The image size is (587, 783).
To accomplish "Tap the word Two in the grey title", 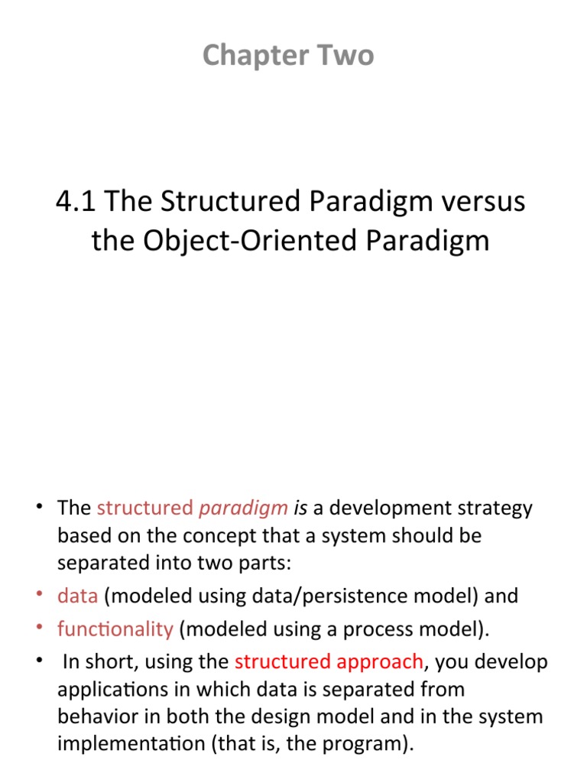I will click(x=348, y=55).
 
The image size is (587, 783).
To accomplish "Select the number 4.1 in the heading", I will click(x=76, y=202).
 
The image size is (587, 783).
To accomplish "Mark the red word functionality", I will click(x=115, y=629).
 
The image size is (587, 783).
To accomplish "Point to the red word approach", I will click(x=379, y=661).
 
